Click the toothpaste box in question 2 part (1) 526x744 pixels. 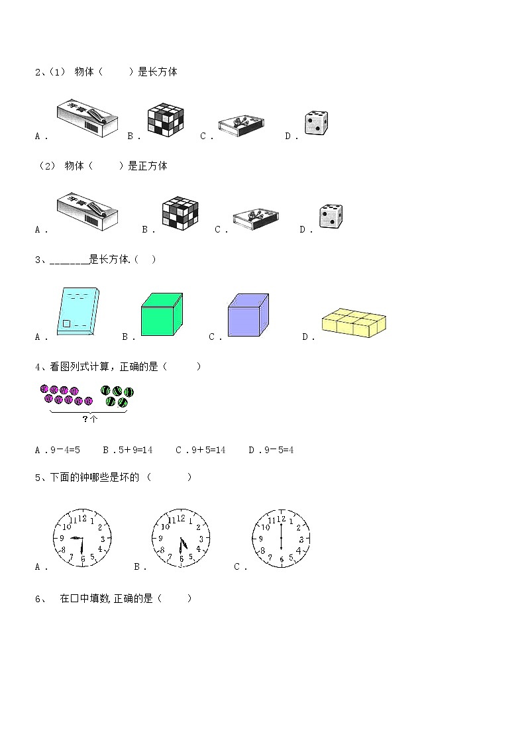87,118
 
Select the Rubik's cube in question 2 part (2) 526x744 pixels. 180,212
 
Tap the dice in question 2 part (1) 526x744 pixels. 317,123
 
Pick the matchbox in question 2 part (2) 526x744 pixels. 256,219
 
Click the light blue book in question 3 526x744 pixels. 78,311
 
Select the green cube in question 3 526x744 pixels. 162,315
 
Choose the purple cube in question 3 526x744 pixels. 248,315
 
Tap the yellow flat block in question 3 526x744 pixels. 354,323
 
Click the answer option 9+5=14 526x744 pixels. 201,450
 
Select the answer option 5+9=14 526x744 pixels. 128,450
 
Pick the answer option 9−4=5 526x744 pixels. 58,450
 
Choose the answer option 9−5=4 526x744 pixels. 272,450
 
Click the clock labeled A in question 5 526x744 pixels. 82,538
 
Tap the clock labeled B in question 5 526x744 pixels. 181,538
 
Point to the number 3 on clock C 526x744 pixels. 301,539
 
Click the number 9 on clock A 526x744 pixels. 62,538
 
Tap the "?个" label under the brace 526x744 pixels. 89,419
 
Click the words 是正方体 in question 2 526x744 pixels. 148,166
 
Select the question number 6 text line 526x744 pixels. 113,598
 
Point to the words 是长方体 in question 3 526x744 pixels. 109,259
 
